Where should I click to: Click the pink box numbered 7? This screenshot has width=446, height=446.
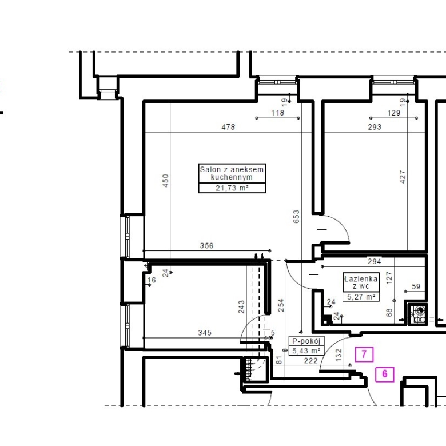point(364,355)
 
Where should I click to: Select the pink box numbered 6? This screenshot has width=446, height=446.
point(385,374)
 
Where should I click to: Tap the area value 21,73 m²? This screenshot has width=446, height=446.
point(232,188)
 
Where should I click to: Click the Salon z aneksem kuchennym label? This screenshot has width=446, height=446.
point(232,173)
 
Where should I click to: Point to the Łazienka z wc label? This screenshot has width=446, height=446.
point(361,282)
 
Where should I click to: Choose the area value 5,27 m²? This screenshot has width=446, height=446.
point(361,297)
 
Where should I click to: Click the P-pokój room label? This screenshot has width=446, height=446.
point(306,341)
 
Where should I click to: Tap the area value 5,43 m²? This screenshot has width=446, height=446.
point(306,351)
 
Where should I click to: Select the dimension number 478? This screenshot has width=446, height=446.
point(228,127)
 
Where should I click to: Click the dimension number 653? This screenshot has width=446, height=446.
point(296,217)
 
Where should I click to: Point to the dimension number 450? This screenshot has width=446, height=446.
point(165,181)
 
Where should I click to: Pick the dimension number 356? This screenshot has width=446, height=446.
point(206,245)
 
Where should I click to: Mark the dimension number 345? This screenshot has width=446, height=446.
point(205,333)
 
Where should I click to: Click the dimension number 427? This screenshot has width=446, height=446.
point(403,177)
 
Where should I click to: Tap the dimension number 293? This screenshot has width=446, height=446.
point(375,127)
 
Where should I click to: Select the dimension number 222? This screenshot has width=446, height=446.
point(310,361)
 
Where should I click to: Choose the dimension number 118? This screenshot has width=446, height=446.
point(278,113)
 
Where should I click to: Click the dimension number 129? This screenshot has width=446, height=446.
point(394,113)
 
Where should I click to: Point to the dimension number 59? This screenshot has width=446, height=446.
point(416,286)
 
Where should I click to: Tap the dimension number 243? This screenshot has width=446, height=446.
point(241,307)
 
